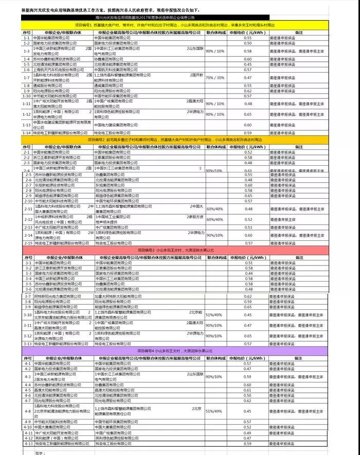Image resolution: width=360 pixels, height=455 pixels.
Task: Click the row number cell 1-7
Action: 27,77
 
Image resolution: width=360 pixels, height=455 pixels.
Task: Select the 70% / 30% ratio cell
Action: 215,77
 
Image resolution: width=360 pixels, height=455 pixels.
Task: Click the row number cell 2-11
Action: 28,209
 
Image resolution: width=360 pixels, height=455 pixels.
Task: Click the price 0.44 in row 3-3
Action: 248,273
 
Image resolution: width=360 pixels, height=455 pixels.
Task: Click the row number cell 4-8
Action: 28,411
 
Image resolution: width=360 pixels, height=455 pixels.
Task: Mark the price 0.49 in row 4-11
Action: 248,433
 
